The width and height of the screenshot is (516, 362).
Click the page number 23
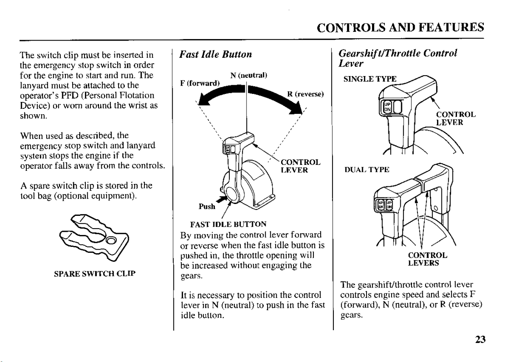coord(480,339)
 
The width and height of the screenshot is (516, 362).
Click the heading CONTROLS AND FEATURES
coord(400,27)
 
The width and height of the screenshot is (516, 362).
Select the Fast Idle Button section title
coord(216,54)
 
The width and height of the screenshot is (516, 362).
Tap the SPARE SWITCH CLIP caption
coord(95,274)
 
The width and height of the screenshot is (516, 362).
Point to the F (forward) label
coord(200,83)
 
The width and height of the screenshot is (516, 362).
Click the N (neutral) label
coord(248,75)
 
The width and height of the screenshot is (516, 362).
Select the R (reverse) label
coord(305,94)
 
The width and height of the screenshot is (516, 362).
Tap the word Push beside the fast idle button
coord(207,207)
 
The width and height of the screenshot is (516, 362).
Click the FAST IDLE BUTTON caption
coord(228,224)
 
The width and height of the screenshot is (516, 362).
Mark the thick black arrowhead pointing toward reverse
coord(297,109)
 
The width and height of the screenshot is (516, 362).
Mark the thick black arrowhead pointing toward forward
coord(205,99)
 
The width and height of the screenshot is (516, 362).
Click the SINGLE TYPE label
coord(370,79)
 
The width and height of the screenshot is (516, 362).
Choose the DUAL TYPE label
coord(367,170)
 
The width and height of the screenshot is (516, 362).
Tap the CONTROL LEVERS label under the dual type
coord(427,259)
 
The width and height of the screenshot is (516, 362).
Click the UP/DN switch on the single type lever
coord(387,108)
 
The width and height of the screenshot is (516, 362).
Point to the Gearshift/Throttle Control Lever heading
coord(398,58)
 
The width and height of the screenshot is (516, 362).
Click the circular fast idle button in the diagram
coord(233,194)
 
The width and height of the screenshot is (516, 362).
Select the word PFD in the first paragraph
coord(69,95)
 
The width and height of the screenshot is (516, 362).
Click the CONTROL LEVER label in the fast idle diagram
coord(300,166)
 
